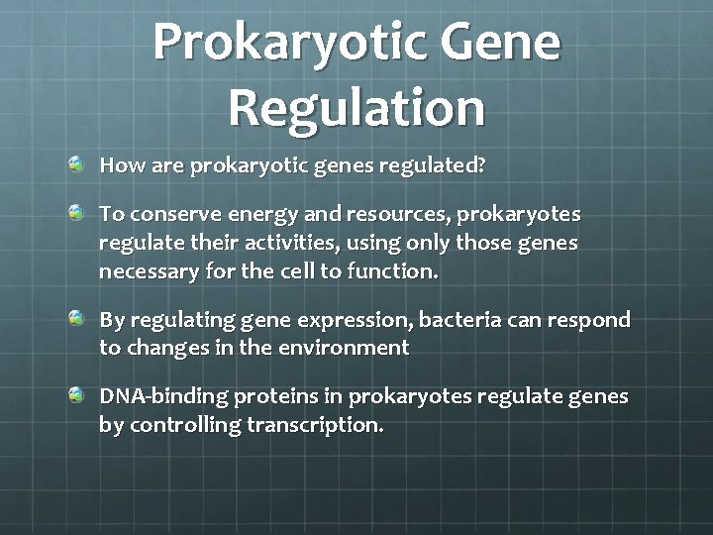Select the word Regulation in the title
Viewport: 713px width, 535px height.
pos(357,108)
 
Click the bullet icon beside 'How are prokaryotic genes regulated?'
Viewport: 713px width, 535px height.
pos(77,162)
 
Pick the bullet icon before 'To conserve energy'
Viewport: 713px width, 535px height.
pos(77,212)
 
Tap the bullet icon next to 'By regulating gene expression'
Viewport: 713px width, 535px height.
pos(77,318)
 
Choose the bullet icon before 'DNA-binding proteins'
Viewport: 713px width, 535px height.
pos(77,395)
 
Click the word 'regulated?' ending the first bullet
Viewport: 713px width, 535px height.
pos(441,165)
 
